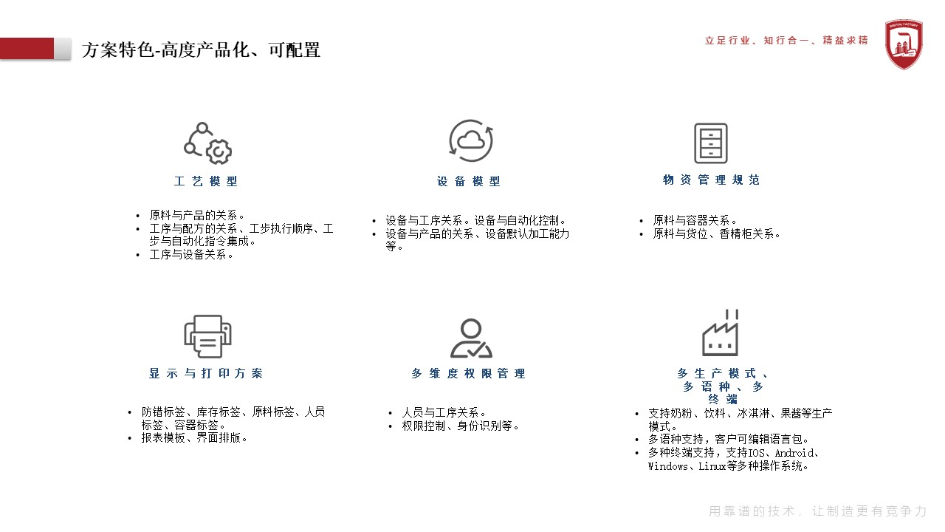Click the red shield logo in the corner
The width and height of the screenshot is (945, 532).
coord(903,44)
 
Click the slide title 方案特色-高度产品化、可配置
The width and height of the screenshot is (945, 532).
coord(201,50)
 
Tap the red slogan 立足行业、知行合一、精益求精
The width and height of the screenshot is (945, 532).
coord(786,41)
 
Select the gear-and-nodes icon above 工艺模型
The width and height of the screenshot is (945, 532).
coord(207,143)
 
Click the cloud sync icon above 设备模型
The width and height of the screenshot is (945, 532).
coord(471,140)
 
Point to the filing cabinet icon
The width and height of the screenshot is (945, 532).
coord(711,143)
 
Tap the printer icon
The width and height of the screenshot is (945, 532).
coord(207,336)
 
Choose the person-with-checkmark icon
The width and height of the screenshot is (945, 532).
coord(471,338)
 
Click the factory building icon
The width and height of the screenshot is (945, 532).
coord(720,332)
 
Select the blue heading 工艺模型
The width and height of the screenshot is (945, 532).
coord(206,181)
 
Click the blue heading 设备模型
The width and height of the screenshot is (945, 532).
coord(469,181)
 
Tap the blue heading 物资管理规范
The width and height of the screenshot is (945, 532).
coord(711,180)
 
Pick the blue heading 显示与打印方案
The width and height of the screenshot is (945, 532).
coord(206,373)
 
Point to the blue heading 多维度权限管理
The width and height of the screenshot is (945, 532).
coord(469,373)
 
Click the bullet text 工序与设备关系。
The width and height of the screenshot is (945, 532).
coord(191,255)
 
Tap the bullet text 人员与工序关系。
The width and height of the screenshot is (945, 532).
coord(444,412)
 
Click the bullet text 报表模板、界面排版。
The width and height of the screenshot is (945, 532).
coord(194,438)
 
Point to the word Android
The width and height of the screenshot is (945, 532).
coord(794,453)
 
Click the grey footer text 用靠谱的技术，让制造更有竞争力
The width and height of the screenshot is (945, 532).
coord(817,511)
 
